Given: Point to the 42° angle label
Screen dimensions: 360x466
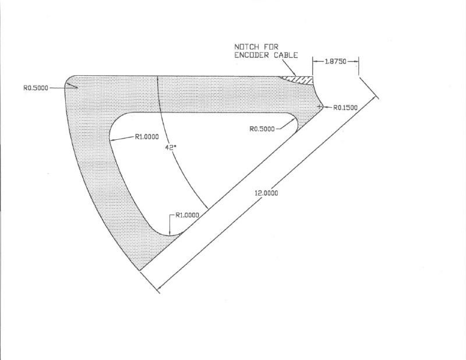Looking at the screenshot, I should [171, 147].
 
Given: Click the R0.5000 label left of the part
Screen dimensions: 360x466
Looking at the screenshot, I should [36, 88].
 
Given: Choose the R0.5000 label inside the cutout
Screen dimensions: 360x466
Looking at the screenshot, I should [263, 129].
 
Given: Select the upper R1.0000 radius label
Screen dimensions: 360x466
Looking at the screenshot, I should [148, 137].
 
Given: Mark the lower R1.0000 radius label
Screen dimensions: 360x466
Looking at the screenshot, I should [187, 215].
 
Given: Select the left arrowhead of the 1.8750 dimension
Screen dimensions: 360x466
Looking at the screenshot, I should [315, 61].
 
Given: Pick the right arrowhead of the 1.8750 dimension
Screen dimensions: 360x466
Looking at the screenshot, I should [356, 61].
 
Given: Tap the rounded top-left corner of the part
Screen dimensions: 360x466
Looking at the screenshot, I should [69, 79].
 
